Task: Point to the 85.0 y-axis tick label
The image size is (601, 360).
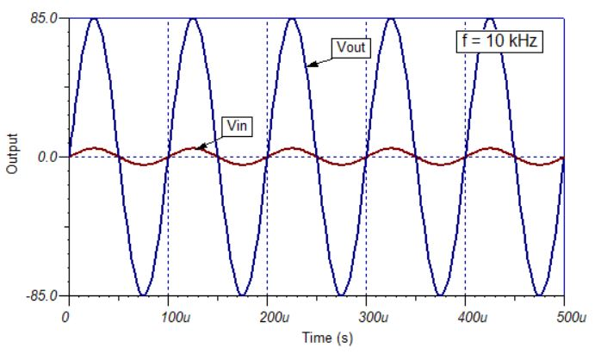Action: tap(45, 17)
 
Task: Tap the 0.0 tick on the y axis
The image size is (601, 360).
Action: tap(48, 158)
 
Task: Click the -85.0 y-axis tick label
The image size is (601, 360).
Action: tap(43, 296)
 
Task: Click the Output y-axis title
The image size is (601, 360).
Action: tap(12, 156)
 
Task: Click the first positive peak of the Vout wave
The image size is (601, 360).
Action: tap(94, 19)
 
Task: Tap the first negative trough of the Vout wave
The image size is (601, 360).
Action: tap(143, 295)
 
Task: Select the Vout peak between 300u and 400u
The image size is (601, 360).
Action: tap(391, 19)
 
